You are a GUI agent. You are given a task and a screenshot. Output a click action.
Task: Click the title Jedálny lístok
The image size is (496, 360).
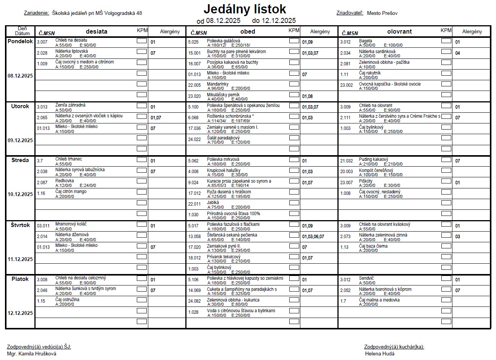pyautogui.click(x=245, y=9)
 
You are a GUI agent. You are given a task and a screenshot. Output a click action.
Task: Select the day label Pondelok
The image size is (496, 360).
pyautogui.click(x=20, y=41)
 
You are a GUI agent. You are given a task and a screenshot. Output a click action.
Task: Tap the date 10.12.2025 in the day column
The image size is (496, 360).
pyautogui.click(x=20, y=194)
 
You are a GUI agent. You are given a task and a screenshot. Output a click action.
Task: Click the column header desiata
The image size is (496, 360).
pyautogui.click(x=96, y=32)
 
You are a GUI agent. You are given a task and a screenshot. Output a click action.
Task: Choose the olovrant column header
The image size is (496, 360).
pyautogui.click(x=399, y=32)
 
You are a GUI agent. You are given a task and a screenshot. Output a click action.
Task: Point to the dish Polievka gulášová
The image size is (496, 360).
pyautogui.click(x=223, y=41)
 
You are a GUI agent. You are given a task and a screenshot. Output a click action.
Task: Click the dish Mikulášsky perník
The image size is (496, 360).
pyautogui.click(x=223, y=95)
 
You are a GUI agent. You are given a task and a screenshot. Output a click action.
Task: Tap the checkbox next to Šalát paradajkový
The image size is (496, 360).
pyautogui.click(x=294, y=138)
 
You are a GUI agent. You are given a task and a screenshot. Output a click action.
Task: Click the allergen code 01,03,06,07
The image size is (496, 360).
pyautogui.click(x=313, y=237)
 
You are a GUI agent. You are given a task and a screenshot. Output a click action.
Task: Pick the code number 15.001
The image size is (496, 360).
pyautogui.click(x=194, y=53)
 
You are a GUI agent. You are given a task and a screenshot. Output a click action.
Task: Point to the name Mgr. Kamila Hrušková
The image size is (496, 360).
pyautogui.click(x=32, y=354)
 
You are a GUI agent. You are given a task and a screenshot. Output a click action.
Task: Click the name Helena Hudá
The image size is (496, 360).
pyautogui.click(x=379, y=354)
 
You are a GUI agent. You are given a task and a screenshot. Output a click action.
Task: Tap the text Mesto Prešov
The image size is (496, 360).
pyautogui.click(x=382, y=13)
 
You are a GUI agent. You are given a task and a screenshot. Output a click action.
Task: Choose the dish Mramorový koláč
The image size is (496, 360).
pyautogui.click(x=71, y=224)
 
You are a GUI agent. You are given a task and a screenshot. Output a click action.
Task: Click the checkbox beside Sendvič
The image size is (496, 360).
pyautogui.click(x=446, y=278)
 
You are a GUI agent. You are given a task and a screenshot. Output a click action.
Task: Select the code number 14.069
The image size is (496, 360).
pyautogui.click(x=194, y=290)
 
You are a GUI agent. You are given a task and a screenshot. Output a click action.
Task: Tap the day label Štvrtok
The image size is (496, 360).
pyautogui.click(x=20, y=225)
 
